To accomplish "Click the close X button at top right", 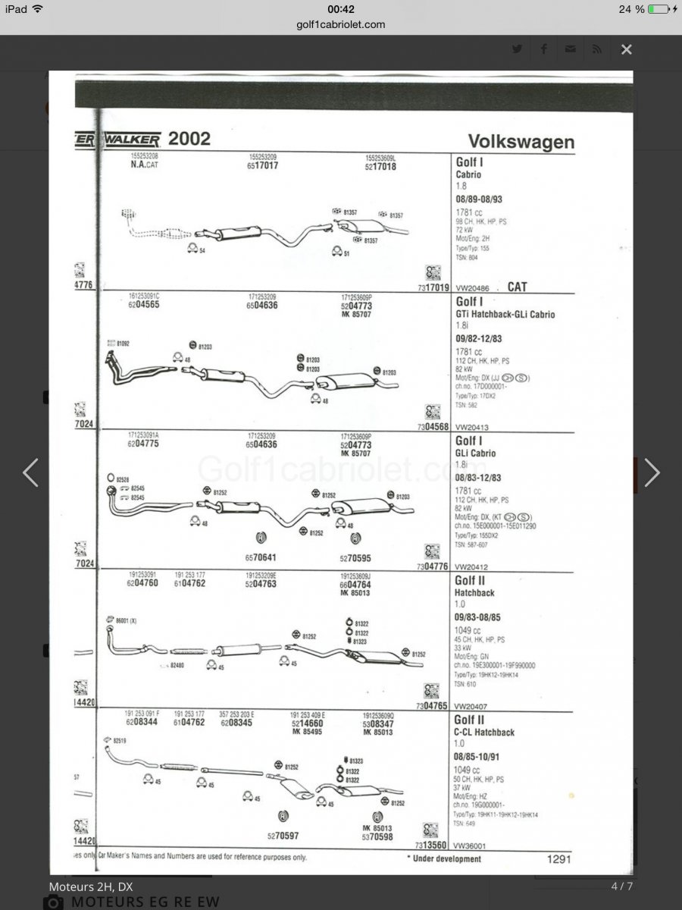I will (x=626, y=50).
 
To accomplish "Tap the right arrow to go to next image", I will (x=652, y=472).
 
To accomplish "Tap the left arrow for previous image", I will (x=30, y=472).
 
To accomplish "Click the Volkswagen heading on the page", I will (x=521, y=142).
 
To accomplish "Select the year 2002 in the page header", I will (x=189, y=139).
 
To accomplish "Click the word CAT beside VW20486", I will (x=518, y=287).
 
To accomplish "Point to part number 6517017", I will (x=263, y=165).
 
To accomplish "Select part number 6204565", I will (x=145, y=304).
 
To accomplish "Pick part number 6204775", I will (x=145, y=443).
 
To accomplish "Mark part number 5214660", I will (x=308, y=723).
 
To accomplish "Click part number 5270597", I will (x=283, y=836).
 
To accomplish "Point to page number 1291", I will (x=558, y=859).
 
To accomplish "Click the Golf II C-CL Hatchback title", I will (x=484, y=726).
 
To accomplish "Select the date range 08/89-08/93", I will (x=478, y=199).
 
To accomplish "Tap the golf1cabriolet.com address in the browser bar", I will (x=341, y=24).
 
